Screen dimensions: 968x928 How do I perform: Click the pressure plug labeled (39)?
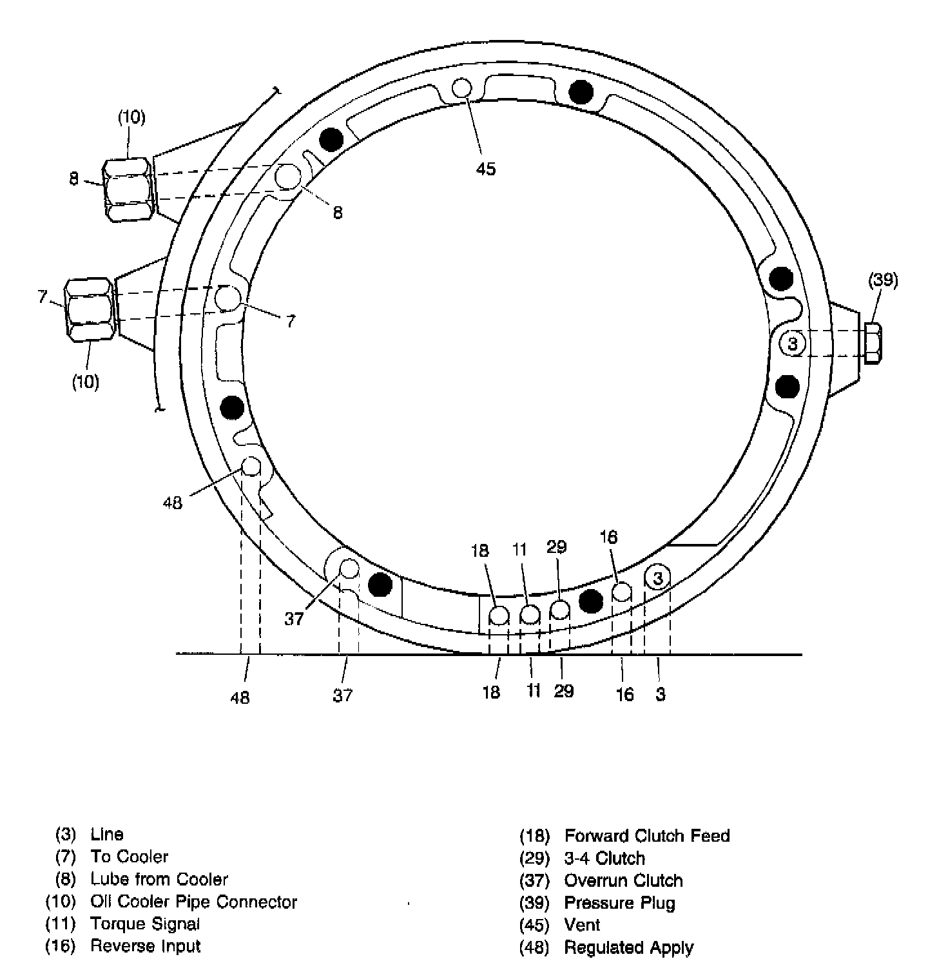pos(872,344)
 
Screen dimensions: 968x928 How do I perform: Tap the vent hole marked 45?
pos(462,88)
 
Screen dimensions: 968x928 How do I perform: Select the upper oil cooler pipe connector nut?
pos(128,191)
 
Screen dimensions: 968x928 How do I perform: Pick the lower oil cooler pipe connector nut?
pos(90,309)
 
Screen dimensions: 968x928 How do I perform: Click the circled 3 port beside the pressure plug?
pos(792,344)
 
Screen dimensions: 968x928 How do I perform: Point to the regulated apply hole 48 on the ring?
pos(251,466)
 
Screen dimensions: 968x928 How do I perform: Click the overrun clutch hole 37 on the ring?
pos(349,568)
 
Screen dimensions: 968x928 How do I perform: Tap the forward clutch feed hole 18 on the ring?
pos(499,616)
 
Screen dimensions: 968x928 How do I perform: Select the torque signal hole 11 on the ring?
pos(530,615)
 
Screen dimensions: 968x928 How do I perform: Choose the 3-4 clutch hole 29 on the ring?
pos(559,610)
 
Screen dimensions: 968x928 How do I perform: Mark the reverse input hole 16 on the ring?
pos(621,592)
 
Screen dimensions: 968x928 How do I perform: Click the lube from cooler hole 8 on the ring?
pos(288,177)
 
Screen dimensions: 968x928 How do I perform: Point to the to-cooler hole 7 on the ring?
pos(227,298)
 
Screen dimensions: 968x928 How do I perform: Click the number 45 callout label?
pos(486,169)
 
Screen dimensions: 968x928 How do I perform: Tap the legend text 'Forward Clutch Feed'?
pos(646,836)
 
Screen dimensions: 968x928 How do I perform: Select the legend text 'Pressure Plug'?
pos(619,903)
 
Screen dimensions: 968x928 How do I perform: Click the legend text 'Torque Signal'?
pos(145,924)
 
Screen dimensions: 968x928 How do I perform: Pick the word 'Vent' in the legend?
pos(582,925)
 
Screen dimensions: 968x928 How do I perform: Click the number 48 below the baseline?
pos(240,697)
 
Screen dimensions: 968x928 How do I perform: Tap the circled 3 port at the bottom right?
pos(657,578)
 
